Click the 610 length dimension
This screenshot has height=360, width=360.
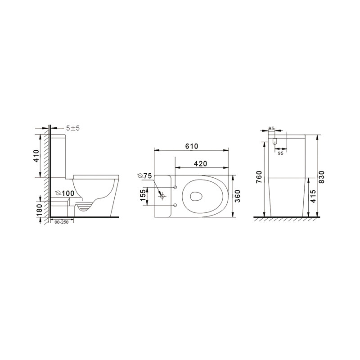pyautogui.click(x=192, y=146)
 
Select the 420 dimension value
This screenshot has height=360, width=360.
pyautogui.click(x=200, y=163)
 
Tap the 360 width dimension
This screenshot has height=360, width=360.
pyautogui.click(x=238, y=196)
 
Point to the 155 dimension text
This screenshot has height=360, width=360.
pyautogui.click(x=143, y=194)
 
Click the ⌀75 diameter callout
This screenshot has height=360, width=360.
pyautogui.click(x=144, y=175)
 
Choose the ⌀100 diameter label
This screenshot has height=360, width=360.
pyautogui.click(x=65, y=193)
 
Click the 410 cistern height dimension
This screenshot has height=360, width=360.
pyautogui.click(x=36, y=156)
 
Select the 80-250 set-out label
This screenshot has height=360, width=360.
pyautogui.click(x=61, y=222)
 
